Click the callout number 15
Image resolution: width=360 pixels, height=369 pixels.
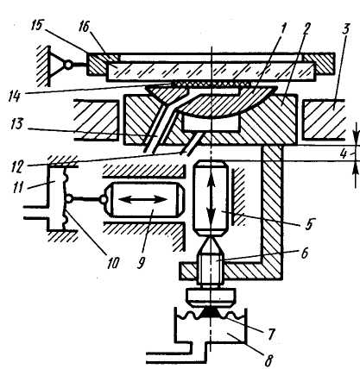click(38, 25)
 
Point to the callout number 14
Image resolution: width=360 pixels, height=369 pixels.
click(14, 96)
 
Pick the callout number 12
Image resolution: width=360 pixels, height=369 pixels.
click(17, 166)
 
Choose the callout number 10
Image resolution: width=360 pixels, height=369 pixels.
click(113, 262)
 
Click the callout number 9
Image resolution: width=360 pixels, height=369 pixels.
click(141, 262)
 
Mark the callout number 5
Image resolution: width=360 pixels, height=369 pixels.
click(309, 224)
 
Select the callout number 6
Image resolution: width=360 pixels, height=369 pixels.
click(304, 254)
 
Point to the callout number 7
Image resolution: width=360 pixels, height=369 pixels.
click(271, 335)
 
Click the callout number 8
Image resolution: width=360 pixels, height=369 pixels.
click(268, 360)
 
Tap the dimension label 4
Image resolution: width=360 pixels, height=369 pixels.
click(344, 154)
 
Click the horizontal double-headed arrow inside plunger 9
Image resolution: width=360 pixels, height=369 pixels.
click(143, 199)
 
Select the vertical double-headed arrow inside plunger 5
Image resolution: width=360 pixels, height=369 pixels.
click(212, 199)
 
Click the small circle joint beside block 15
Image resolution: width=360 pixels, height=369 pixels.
click(68, 66)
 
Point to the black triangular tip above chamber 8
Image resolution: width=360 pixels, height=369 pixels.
click(212, 312)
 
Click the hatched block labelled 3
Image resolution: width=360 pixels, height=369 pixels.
click(325, 120)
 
